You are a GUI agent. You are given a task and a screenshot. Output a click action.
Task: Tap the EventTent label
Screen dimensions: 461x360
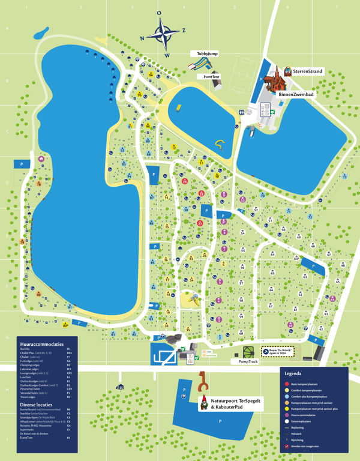tap(212, 77)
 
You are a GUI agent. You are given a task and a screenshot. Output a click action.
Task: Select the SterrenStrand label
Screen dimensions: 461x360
tap(308, 71)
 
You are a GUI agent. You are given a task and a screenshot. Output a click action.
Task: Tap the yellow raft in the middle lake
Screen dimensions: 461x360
tap(179, 109)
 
